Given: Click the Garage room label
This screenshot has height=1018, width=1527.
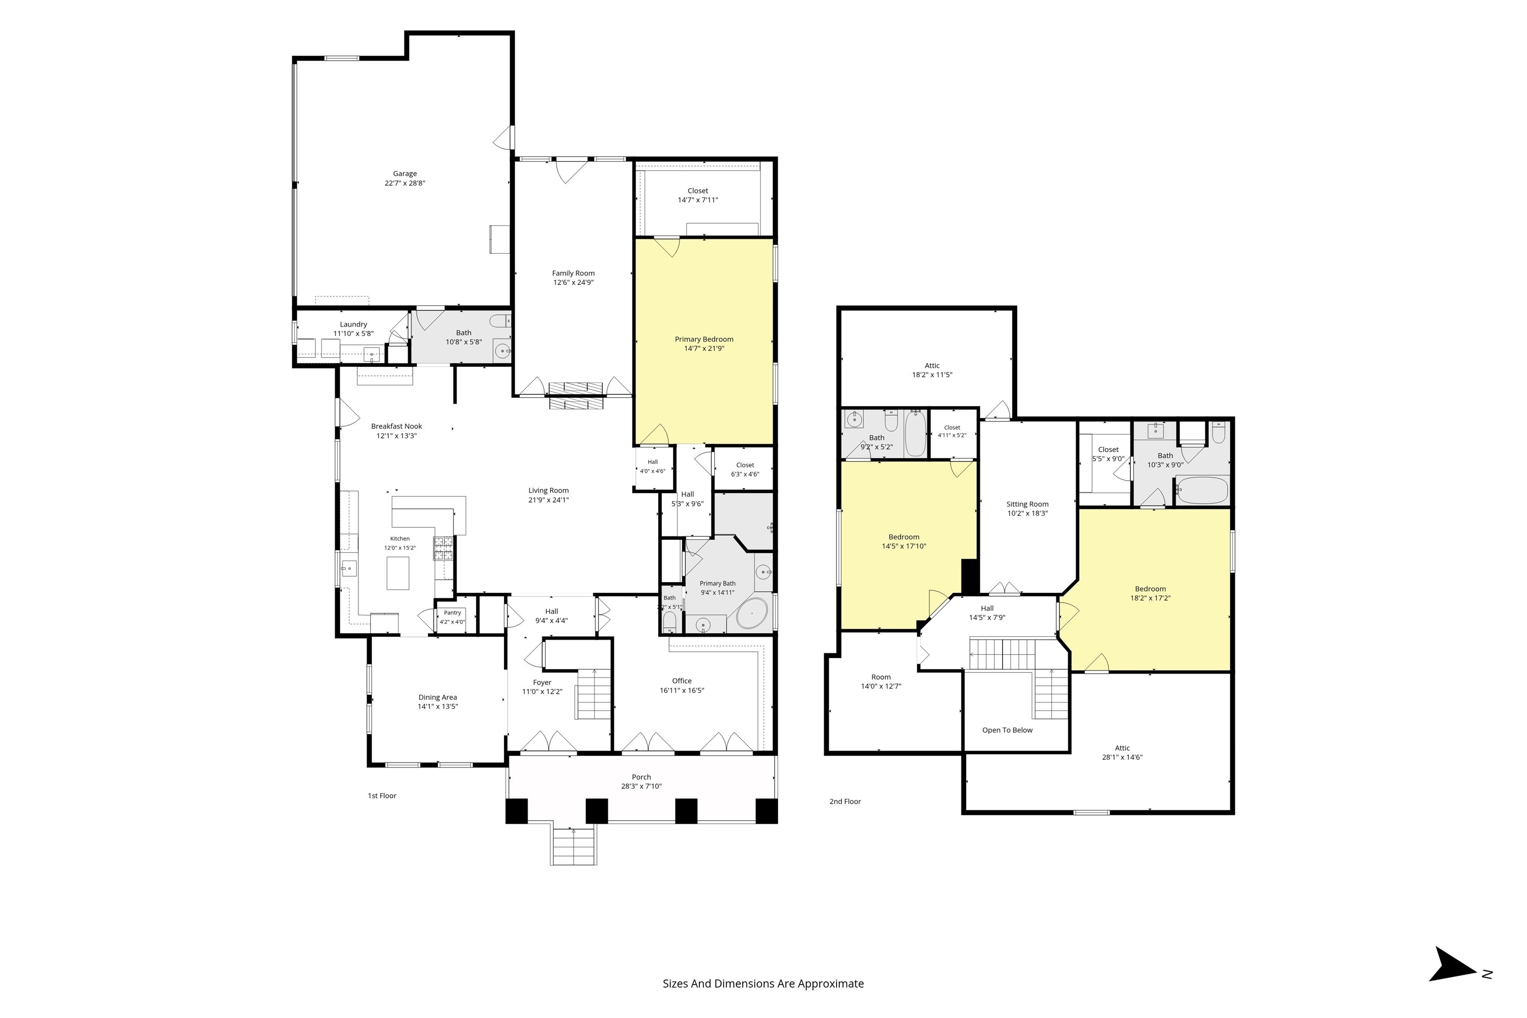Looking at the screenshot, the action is (x=405, y=174).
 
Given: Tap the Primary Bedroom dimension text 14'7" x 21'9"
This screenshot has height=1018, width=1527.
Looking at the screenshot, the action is (x=704, y=348).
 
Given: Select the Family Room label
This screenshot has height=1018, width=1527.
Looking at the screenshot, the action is (x=573, y=273).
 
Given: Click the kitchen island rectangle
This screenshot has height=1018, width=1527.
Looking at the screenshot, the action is (x=398, y=573).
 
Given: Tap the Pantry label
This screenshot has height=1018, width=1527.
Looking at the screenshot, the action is (x=452, y=613).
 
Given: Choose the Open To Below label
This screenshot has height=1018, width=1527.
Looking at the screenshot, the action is (x=1007, y=730).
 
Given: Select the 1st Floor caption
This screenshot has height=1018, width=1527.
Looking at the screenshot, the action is (x=382, y=796).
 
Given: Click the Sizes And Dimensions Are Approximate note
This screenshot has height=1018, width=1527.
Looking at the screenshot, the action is (x=763, y=984).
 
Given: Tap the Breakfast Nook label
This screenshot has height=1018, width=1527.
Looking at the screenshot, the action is (x=397, y=426).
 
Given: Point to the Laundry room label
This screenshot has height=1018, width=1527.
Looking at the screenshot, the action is (x=353, y=325).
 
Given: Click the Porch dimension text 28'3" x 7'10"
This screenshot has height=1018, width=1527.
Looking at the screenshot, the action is (x=641, y=786).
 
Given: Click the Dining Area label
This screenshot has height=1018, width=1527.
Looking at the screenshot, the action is (x=437, y=697).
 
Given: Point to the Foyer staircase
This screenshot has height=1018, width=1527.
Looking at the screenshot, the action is (x=594, y=693).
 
